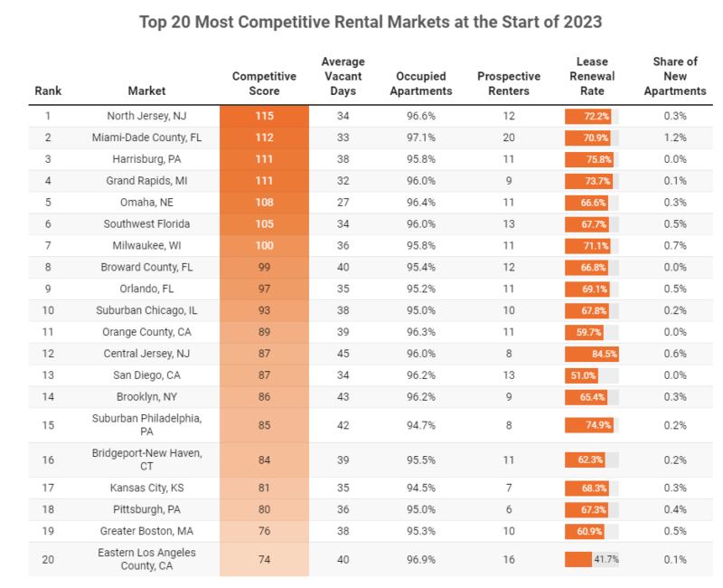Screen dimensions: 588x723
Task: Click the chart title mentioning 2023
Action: click(371, 21)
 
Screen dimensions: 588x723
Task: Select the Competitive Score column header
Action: click(263, 83)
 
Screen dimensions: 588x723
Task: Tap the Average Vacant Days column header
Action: click(343, 76)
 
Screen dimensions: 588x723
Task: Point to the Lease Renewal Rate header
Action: click(592, 76)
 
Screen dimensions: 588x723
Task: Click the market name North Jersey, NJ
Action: click(146, 116)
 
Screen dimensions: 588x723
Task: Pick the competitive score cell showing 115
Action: click(264, 116)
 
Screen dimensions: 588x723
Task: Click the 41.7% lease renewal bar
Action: click(578, 559)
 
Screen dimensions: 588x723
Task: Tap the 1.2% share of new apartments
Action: click(674, 138)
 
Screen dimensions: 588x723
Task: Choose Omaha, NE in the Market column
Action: click(146, 203)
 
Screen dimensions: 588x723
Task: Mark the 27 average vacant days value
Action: click(343, 203)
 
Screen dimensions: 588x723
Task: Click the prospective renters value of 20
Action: click(508, 138)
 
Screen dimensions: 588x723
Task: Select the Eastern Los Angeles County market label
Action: click(146, 559)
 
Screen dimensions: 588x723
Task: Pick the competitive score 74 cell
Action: click(264, 559)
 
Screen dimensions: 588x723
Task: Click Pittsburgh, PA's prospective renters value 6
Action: click(508, 510)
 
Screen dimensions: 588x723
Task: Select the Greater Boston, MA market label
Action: click(146, 532)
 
